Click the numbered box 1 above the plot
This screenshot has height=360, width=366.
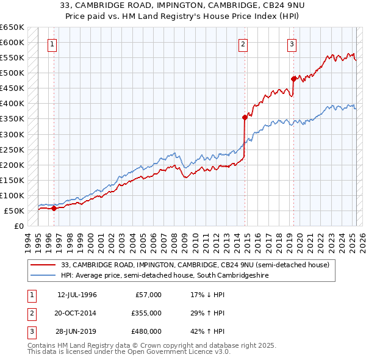[52, 43]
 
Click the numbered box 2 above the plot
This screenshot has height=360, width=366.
[243, 43]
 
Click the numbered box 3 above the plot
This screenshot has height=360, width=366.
[292, 43]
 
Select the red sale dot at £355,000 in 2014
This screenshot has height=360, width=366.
[245, 117]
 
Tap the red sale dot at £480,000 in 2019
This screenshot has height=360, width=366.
[293, 79]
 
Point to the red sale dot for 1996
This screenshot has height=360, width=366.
[54, 208]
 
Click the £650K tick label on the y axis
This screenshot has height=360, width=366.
[12, 27]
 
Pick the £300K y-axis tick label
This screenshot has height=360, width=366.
[12, 134]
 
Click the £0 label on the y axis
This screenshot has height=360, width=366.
[19, 226]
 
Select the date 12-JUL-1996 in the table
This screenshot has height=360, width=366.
[77, 295]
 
